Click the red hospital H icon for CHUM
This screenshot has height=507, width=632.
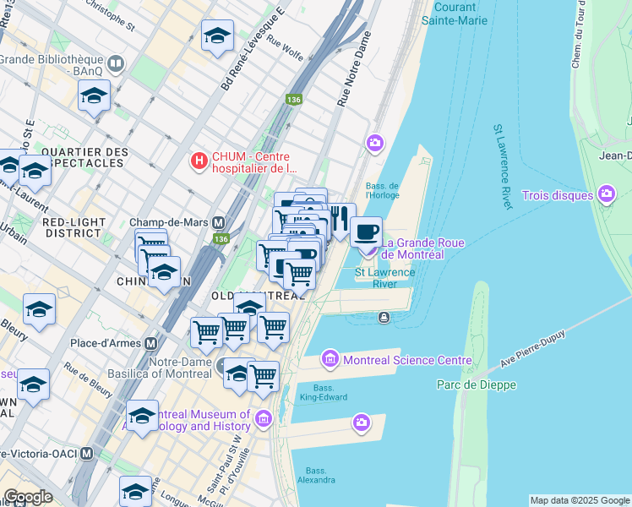point(199,159)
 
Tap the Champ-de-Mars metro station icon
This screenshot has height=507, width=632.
point(219,222)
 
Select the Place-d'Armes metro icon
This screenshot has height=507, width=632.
point(151,344)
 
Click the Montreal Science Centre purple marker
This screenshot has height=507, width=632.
point(330,360)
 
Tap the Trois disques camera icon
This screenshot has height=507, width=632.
point(606,195)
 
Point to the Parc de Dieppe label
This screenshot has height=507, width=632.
point(476,384)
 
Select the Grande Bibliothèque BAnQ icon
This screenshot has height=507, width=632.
point(116,63)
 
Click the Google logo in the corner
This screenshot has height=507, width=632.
point(28,497)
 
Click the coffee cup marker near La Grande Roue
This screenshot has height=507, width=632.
point(366,232)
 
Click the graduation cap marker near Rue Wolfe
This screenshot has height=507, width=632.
point(217,35)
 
